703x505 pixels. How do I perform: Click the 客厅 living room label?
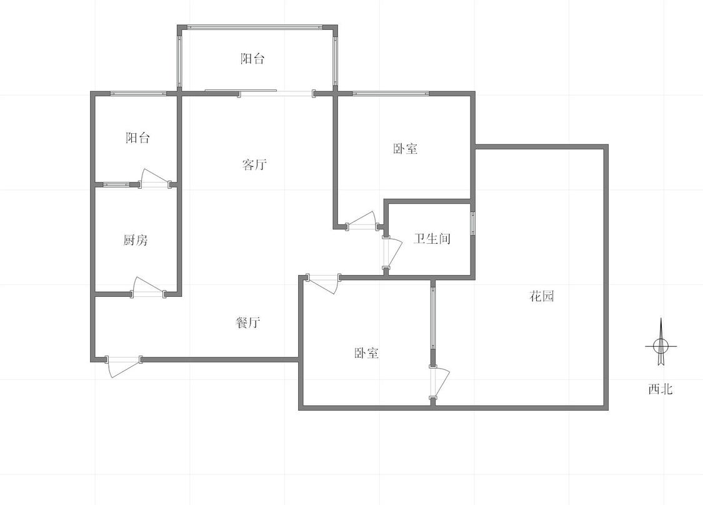[x=254, y=165]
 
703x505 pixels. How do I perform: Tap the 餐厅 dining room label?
[x=248, y=322]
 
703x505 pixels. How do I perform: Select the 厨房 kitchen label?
[x=136, y=240]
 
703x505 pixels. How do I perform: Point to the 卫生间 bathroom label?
[x=432, y=239]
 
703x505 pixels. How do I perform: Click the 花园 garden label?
[x=542, y=296]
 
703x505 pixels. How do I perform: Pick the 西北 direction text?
[x=660, y=389]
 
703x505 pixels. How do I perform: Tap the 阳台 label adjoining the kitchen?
[x=137, y=138]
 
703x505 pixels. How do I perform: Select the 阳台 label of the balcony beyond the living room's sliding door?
[x=252, y=59]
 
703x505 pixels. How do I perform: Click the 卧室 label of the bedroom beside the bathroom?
[x=406, y=149]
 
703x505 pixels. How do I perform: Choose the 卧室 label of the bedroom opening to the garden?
[x=367, y=353]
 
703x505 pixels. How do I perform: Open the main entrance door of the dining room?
[x=123, y=366]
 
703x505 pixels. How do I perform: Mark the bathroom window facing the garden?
[x=472, y=222]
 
